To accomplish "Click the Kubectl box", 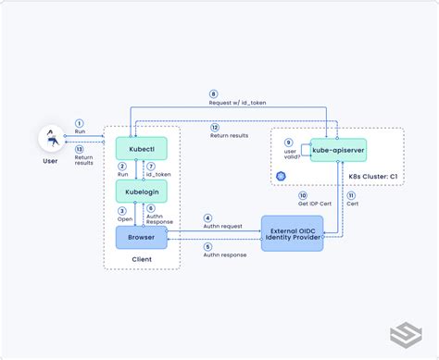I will click(140, 148).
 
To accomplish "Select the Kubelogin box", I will click(140, 192).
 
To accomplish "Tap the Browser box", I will click(140, 237).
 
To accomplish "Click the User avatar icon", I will click(51, 140).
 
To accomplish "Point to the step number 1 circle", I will click(79, 123).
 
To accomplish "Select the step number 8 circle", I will click(213, 93).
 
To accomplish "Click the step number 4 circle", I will click(207, 218).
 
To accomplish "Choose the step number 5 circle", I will click(207, 246).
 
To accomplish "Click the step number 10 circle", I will click(302, 196).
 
